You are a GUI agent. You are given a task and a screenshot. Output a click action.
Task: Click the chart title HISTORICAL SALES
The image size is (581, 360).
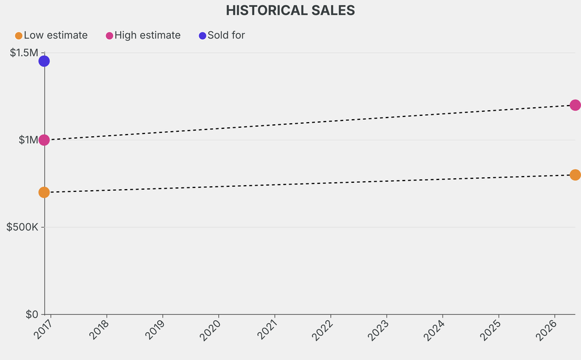coord(290,10)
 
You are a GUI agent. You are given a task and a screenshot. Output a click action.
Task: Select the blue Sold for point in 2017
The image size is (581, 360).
coord(44,61)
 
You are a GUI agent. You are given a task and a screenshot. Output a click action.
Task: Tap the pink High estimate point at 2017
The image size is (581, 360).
coord(44,140)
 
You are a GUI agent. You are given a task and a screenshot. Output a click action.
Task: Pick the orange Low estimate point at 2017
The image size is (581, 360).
coord(44,192)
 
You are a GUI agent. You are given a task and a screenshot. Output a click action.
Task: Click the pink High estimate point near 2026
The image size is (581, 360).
coord(575,105)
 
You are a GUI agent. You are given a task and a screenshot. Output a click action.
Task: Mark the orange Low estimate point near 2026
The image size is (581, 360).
coord(575,175)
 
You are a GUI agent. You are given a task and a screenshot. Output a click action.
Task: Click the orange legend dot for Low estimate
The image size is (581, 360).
coord(19,36)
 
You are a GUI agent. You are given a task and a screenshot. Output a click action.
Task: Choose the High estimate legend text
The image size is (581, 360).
coord(147,35)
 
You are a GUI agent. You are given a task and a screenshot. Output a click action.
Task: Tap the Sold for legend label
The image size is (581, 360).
coord(226,35)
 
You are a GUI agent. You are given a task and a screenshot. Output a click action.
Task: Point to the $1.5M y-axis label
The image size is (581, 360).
coord(24,53)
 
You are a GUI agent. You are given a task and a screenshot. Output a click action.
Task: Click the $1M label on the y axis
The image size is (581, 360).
coord(28,140)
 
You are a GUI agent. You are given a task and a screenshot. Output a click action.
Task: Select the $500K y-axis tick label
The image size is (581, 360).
coord(22,227)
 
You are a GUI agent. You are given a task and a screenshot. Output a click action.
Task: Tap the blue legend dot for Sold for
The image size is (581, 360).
coord(203,36)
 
